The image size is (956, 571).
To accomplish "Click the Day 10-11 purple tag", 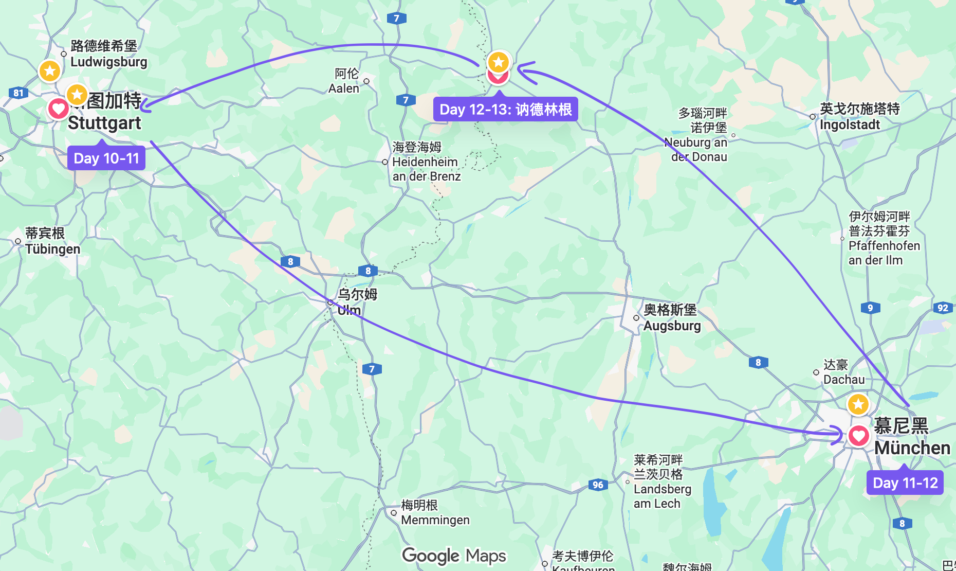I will pyautogui.click(x=106, y=158).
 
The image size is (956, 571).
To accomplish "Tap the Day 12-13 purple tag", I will pyautogui.click(x=505, y=110).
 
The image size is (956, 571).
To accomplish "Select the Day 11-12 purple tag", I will pyautogui.click(x=905, y=483).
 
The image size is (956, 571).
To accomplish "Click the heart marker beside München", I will pyautogui.click(x=858, y=436).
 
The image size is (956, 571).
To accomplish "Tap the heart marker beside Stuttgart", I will pyautogui.click(x=58, y=109).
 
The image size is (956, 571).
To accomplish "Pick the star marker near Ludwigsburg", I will pyautogui.click(x=50, y=70).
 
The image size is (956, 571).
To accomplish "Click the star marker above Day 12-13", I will pyautogui.click(x=498, y=62).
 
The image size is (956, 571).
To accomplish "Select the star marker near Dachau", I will pyautogui.click(x=858, y=404).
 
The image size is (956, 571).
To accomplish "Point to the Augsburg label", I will pyautogui.click(x=671, y=317).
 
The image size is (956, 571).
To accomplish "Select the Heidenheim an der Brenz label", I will pyautogui.click(x=426, y=162).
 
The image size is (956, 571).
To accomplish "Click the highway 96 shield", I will pyautogui.click(x=598, y=485).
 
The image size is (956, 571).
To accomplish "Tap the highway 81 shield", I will pyautogui.click(x=19, y=93).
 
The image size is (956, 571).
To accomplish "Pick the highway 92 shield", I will pyautogui.click(x=943, y=308).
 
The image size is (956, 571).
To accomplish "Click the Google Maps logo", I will pyautogui.click(x=454, y=556).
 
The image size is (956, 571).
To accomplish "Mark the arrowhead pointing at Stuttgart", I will pyautogui.click(x=144, y=106).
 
